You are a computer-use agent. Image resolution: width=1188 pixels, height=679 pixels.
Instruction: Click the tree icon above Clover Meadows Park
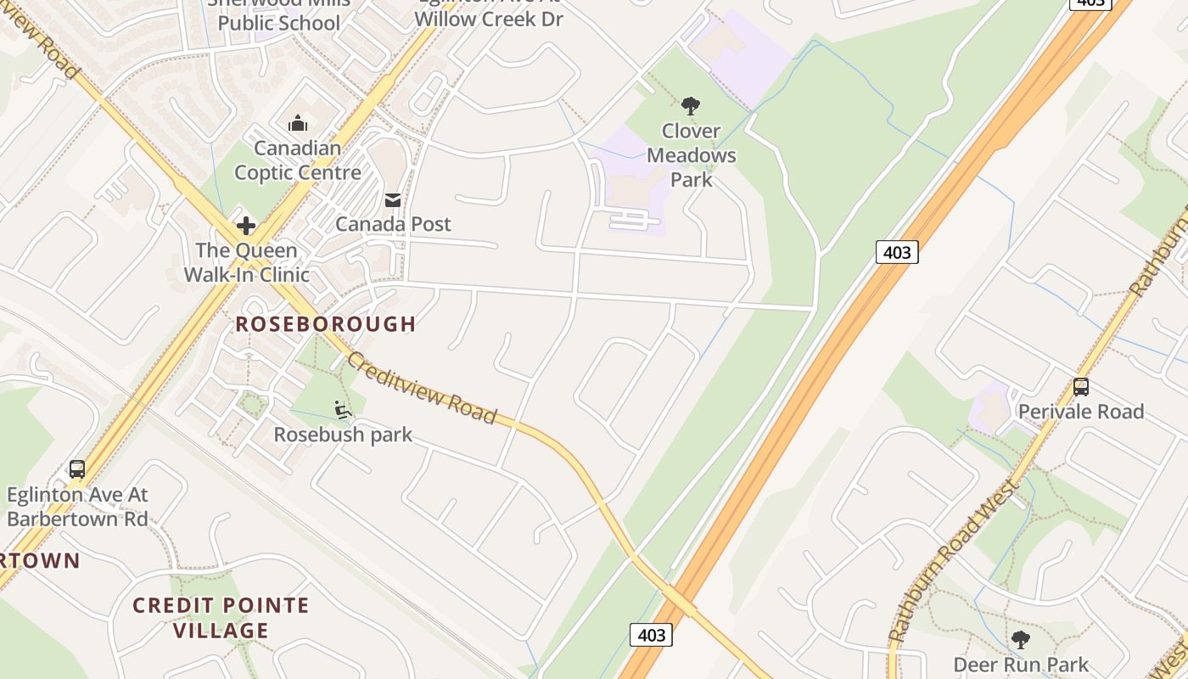click(691, 106)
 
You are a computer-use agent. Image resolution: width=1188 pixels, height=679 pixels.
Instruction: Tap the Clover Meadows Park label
click(692, 155)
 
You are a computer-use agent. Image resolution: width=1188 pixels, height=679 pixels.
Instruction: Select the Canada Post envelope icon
click(393, 200)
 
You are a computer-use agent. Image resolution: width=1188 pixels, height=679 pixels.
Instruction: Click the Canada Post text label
click(393, 224)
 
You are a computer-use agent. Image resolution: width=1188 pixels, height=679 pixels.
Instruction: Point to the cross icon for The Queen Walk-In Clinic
click(246, 226)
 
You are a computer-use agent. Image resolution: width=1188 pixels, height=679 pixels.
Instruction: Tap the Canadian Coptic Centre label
click(298, 160)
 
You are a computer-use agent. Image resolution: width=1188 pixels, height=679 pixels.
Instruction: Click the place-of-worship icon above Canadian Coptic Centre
click(297, 124)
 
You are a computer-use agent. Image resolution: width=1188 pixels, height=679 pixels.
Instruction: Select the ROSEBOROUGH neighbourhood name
click(326, 323)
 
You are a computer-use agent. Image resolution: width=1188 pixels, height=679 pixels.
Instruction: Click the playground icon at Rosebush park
click(343, 411)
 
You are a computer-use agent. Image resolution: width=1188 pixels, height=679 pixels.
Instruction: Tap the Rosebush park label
click(343, 435)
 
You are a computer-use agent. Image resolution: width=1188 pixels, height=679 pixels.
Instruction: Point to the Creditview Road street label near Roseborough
click(421, 388)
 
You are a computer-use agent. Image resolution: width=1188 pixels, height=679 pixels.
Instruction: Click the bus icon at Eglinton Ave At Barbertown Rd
click(77, 469)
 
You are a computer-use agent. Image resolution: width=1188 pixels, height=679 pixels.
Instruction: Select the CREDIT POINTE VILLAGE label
click(221, 618)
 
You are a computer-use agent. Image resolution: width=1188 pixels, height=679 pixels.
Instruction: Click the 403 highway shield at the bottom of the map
click(651, 635)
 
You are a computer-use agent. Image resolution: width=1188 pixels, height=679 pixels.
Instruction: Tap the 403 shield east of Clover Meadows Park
click(897, 252)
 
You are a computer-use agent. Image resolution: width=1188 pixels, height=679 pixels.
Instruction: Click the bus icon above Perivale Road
click(1081, 387)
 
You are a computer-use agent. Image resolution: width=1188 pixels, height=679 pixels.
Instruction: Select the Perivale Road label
click(1081, 412)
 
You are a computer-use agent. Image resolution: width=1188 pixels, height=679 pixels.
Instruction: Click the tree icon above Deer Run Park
click(1021, 639)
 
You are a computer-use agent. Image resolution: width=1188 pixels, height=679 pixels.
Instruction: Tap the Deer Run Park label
click(1021, 664)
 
